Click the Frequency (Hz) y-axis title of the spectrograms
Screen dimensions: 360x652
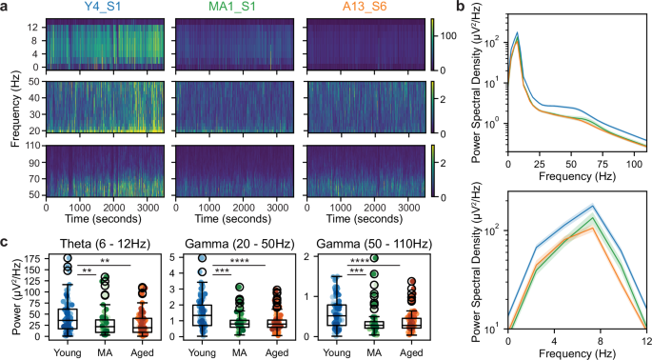pos(12,109)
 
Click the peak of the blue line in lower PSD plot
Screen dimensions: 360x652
pos(593,206)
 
